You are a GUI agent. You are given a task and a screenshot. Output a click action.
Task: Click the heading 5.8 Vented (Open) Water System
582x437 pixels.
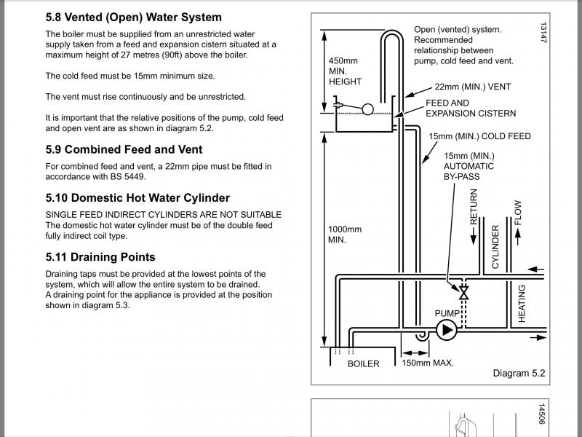coord(134,17)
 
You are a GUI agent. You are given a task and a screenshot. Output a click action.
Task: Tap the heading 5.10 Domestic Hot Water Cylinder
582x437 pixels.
coord(137,197)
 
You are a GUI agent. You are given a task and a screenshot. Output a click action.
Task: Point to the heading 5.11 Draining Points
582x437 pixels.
coord(100,257)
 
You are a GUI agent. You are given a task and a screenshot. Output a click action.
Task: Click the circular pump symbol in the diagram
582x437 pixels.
coord(445,331)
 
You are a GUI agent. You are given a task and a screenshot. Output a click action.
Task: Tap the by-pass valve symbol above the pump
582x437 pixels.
coord(463,293)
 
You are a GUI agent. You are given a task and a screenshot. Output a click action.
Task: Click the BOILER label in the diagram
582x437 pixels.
coord(363,363)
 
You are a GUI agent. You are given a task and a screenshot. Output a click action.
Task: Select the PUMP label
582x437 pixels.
coord(447,314)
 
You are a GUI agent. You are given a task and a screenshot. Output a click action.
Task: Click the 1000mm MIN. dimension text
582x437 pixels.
coord(344,235)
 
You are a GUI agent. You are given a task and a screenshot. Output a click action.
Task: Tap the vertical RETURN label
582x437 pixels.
coord(474,210)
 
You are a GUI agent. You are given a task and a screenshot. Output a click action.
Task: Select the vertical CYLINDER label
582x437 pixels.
coord(495,247)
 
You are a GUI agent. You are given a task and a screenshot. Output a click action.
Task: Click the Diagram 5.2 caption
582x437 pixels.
coord(519,374)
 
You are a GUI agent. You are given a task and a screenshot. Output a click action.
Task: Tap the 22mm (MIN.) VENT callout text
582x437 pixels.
coord(472,87)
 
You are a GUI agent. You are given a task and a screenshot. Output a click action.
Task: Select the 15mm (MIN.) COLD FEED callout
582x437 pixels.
coord(479,136)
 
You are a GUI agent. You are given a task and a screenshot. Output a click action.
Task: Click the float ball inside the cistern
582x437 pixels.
coord(368,109)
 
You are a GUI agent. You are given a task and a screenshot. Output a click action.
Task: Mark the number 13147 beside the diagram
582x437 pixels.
coord(543,33)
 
